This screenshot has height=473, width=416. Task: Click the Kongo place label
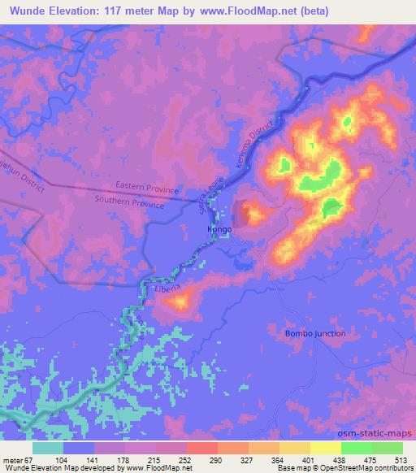click(219, 230)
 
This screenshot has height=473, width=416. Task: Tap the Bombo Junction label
click(315, 334)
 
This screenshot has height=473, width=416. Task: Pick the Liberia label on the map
click(167, 288)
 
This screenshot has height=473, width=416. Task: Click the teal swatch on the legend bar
click(48, 448)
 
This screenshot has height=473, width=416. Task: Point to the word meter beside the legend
click(15, 459)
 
